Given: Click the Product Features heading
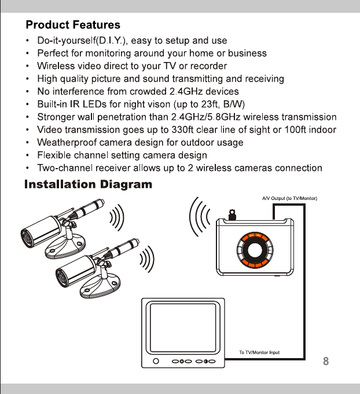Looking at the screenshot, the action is [x=73, y=25].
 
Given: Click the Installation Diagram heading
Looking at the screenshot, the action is [x=88, y=185].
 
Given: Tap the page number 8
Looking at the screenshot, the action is [x=326, y=362].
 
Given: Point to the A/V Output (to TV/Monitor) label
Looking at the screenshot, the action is [x=287, y=199].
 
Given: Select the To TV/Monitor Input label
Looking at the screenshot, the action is [x=260, y=352].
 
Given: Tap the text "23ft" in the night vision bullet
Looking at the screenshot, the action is [x=201, y=104].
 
